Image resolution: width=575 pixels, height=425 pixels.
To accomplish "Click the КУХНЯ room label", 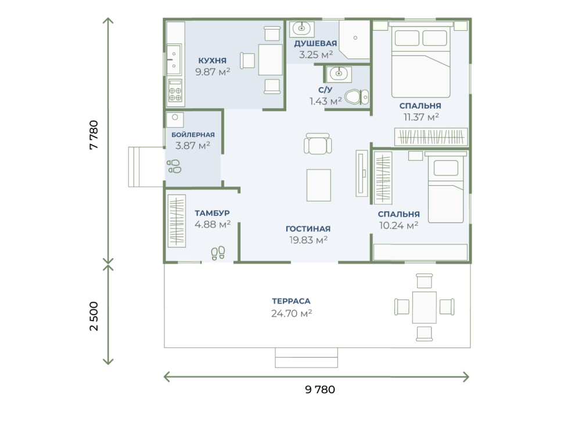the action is click(x=213, y=60).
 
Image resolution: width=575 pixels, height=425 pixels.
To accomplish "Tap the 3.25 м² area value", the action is click(x=316, y=55).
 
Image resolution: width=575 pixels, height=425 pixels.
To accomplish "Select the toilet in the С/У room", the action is click(x=357, y=97).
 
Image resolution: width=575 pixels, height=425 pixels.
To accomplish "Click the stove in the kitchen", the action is click(x=175, y=90).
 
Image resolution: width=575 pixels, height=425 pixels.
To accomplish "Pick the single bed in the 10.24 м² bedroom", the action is click(x=445, y=188).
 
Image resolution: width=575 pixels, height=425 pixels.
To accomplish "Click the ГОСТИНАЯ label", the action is click(x=308, y=229).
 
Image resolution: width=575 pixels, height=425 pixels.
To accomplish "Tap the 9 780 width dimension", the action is click(x=320, y=389).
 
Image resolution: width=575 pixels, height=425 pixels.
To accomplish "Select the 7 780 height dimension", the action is click(x=94, y=135).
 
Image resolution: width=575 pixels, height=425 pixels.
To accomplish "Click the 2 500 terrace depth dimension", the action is click(x=94, y=316).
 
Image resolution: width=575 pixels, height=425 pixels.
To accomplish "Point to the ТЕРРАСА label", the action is click(x=291, y=301).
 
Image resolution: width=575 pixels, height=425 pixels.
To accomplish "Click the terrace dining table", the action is click(x=425, y=307).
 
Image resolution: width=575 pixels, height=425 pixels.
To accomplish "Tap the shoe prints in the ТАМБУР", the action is click(x=218, y=253).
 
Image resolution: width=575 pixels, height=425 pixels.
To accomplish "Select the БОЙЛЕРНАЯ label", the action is click(x=193, y=135).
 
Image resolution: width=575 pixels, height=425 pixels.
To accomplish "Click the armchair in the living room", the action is click(x=318, y=143).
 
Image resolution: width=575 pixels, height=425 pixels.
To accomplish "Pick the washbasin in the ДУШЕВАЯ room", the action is click(x=301, y=28).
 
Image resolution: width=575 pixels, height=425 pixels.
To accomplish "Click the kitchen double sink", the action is click(x=174, y=59).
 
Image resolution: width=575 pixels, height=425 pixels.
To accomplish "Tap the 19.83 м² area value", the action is click(x=308, y=240).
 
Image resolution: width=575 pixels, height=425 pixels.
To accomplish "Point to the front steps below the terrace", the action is click(x=306, y=358).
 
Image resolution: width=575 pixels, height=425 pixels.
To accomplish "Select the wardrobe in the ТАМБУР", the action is click(x=177, y=221).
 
